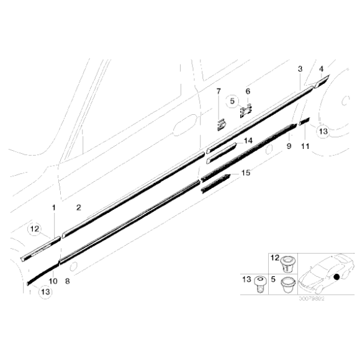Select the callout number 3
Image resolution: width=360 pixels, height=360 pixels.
click(300, 68)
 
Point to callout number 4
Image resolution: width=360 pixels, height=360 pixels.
click(321, 68)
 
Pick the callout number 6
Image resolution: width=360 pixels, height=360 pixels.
click(247, 91)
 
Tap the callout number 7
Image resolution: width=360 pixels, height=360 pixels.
click(218, 92)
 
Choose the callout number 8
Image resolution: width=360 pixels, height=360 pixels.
click(68, 281)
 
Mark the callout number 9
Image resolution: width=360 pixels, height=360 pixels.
click(289, 146)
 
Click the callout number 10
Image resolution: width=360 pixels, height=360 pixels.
click(53, 281)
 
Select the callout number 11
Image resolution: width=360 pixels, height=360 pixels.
click(305, 146)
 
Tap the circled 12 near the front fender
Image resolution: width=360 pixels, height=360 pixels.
click(35, 230)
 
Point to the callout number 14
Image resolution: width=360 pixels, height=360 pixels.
click(248, 141)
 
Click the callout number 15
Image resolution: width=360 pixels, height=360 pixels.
click(246, 173)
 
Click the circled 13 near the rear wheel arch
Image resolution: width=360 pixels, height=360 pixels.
click(323, 131)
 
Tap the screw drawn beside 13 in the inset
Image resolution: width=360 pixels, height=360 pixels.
click(260, 286)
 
